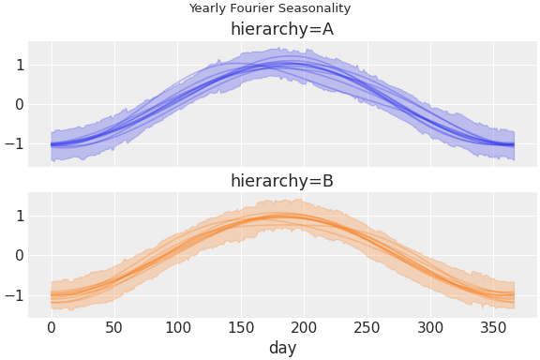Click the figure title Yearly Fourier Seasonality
tap(269, 8)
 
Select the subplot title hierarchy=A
tap(281, 29)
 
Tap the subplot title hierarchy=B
tap(281, 181)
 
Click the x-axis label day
tap(282, 348)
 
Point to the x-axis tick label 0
tap(52, 326)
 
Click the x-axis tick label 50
tap(114, 326)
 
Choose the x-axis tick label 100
tap(178, 326)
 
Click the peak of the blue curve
tap(291, 65)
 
